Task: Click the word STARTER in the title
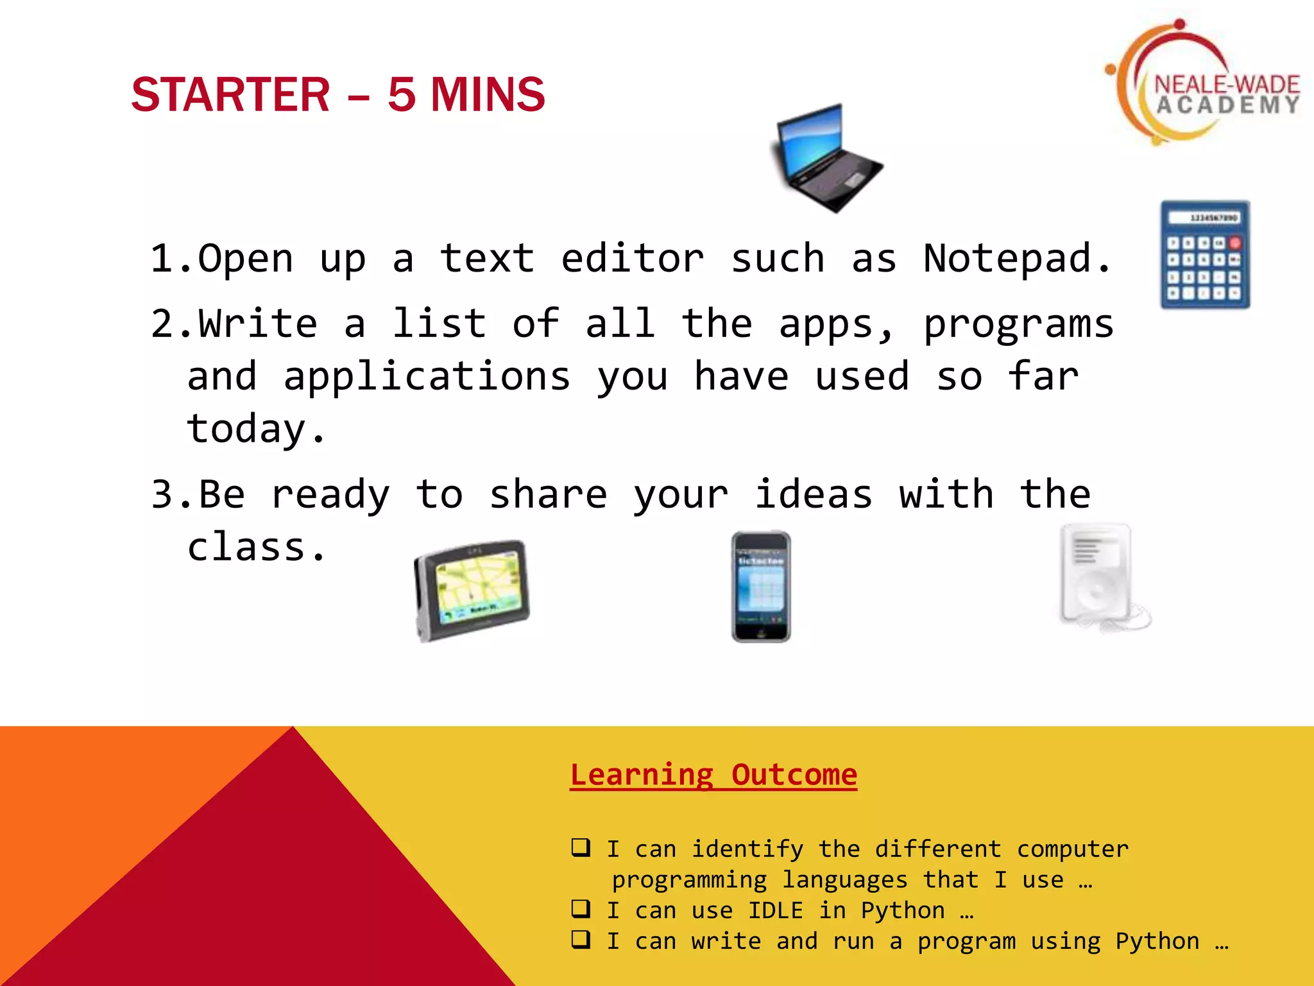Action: pos(230,95)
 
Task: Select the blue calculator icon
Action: pos(1204,255)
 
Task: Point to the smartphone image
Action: pos(761,587)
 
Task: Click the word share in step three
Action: pos(548,495)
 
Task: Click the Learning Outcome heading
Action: pos(713,775)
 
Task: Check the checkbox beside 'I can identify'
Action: pos(581,847)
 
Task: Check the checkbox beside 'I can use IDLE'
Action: pos(581,908)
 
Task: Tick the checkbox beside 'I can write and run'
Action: pos(581,939)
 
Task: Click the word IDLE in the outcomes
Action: pos(775,910)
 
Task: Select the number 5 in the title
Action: pos(402,95)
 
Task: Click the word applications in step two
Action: pos(427,377)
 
